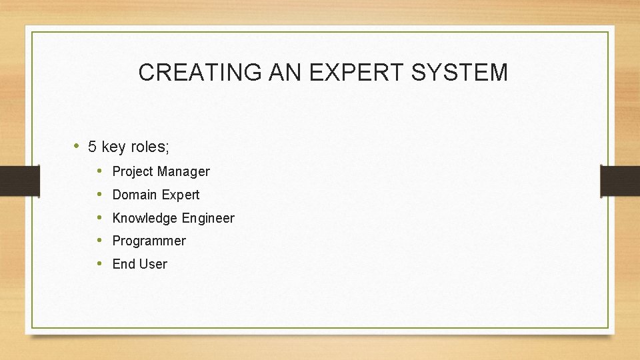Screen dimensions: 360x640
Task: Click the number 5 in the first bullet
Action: [x=93, y=147]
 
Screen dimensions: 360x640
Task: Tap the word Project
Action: [x=133, y=172]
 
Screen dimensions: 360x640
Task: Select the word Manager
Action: [x=183, y=172]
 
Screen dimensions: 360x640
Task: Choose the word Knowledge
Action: [x=145, y=218]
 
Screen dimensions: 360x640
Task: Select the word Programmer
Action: [x=149, y=241]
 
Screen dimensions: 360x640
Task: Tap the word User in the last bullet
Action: [x=153, y=264]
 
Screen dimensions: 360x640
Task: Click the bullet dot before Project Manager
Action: [x=99, y=171]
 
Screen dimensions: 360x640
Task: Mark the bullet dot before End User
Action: [x=99, y=263]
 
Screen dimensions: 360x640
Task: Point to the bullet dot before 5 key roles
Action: [x=77, y=146]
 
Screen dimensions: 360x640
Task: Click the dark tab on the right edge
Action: [x=620, y=181]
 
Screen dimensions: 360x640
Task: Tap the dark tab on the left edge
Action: [x=11, y=181]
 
